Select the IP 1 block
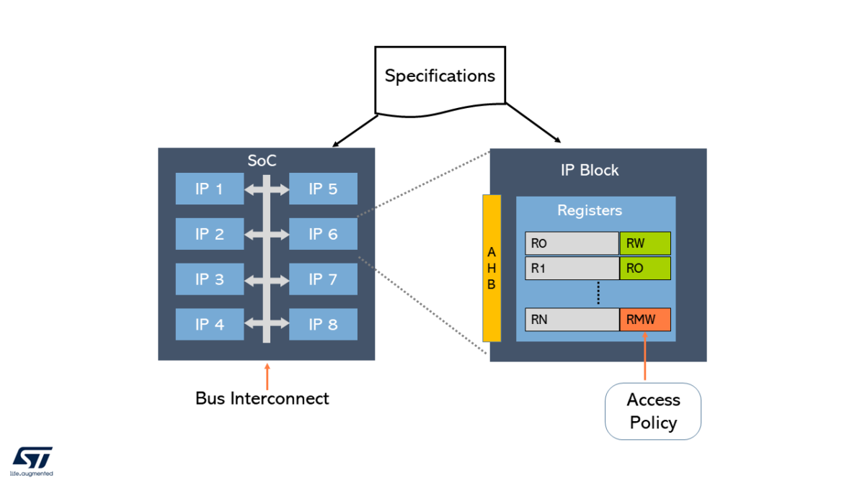(209, 189)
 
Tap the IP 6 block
(323, 234)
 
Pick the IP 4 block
(209, 325)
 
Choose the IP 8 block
(323, 325)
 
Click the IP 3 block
(209, 279)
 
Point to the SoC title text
(262, 161)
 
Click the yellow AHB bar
(492, 268)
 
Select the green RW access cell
(645, 243)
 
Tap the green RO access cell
(645, 269)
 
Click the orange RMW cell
(645, 320)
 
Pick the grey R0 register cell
(572, 243)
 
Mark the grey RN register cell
(572, 320)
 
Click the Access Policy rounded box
(653, 411)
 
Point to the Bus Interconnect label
(262, 398)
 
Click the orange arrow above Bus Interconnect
(267, 376)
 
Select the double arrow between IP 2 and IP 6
(267, 234)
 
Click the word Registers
(590, 211)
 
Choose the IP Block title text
(590, 170)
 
